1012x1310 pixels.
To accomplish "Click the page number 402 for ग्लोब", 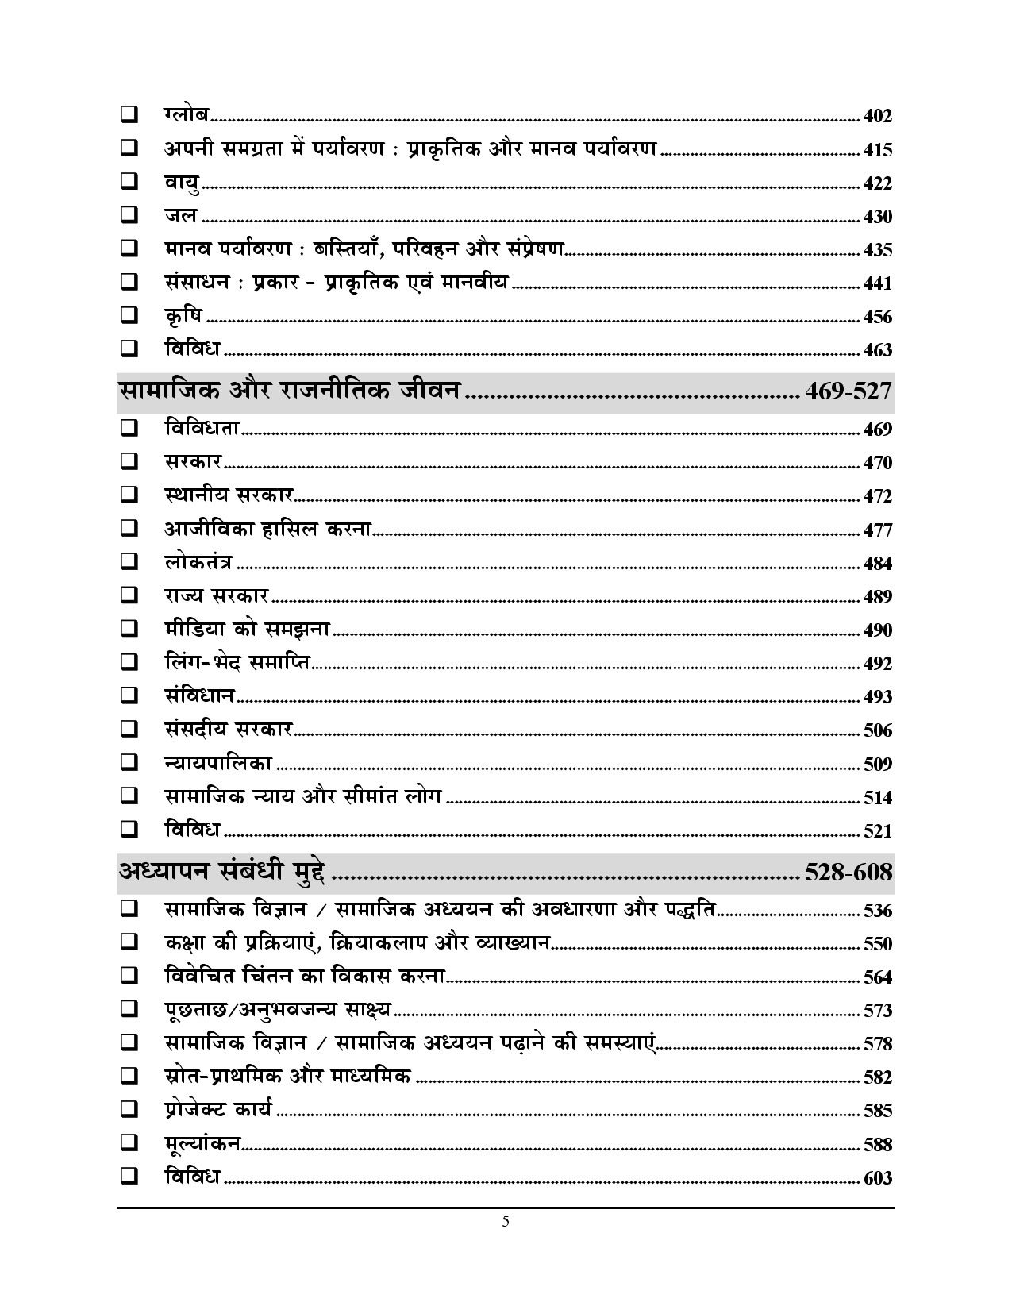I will (878, 117).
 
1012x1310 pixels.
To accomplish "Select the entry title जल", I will (181, 215).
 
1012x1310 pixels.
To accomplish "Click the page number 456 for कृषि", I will (878, 317).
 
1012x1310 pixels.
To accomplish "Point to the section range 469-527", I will (848, 391).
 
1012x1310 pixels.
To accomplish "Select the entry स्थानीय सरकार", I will (229, 495).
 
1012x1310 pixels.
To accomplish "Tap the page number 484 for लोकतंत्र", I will (878, 564).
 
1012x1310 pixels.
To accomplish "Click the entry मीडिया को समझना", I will (247, 630).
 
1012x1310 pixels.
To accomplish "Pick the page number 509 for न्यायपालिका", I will (878, 765).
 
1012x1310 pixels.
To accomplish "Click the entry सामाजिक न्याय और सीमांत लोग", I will (302, 796).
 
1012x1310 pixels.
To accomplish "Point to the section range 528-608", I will (848, 872).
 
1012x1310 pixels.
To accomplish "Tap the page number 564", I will (878, 977).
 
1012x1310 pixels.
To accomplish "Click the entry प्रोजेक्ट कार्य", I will (218, 1109).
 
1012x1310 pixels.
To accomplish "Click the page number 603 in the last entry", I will (878, 1178).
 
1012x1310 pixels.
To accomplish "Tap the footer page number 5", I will (506, 1222).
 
